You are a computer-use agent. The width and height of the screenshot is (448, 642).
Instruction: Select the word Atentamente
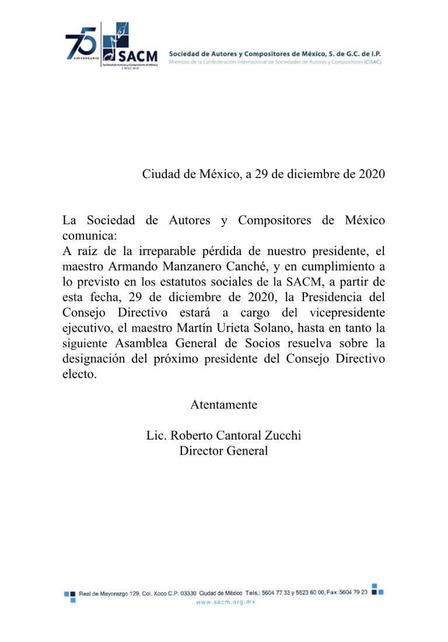[224, 404]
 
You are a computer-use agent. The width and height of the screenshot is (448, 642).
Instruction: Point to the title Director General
[224, 451]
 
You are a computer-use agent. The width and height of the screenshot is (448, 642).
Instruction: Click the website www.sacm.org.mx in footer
[226, 602]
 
